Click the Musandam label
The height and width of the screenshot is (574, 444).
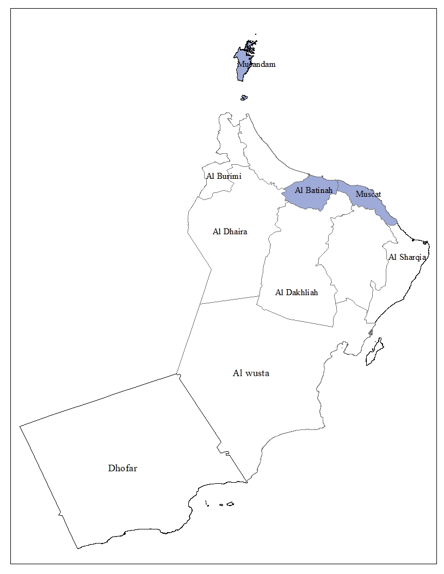click(x=256, y=64)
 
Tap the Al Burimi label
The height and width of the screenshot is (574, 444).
click(x=224, y=176)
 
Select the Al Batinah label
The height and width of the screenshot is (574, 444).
click(x=313, y=190)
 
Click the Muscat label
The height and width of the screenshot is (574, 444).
click(x=368, y=194)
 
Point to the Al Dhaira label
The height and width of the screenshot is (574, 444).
click(x=230, y=232)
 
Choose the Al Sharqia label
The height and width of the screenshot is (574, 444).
click(x=407, y=257)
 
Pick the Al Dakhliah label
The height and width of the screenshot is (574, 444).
click(x=297, y=292)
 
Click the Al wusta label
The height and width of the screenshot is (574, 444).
click(x=251, y=373)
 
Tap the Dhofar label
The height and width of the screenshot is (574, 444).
click(x=122, y=468)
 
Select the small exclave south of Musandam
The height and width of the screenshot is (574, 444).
click(x=244, y=98)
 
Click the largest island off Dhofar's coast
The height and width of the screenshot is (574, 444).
click(x=230, y=504)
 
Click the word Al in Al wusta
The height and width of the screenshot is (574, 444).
click(x=237, y=373)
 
